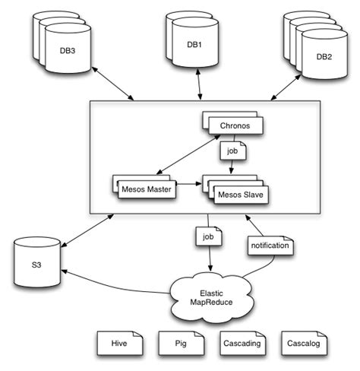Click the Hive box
[118, 344]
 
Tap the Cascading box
[242, 344]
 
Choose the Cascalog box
[305, 344]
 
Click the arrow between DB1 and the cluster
[200, 86]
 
